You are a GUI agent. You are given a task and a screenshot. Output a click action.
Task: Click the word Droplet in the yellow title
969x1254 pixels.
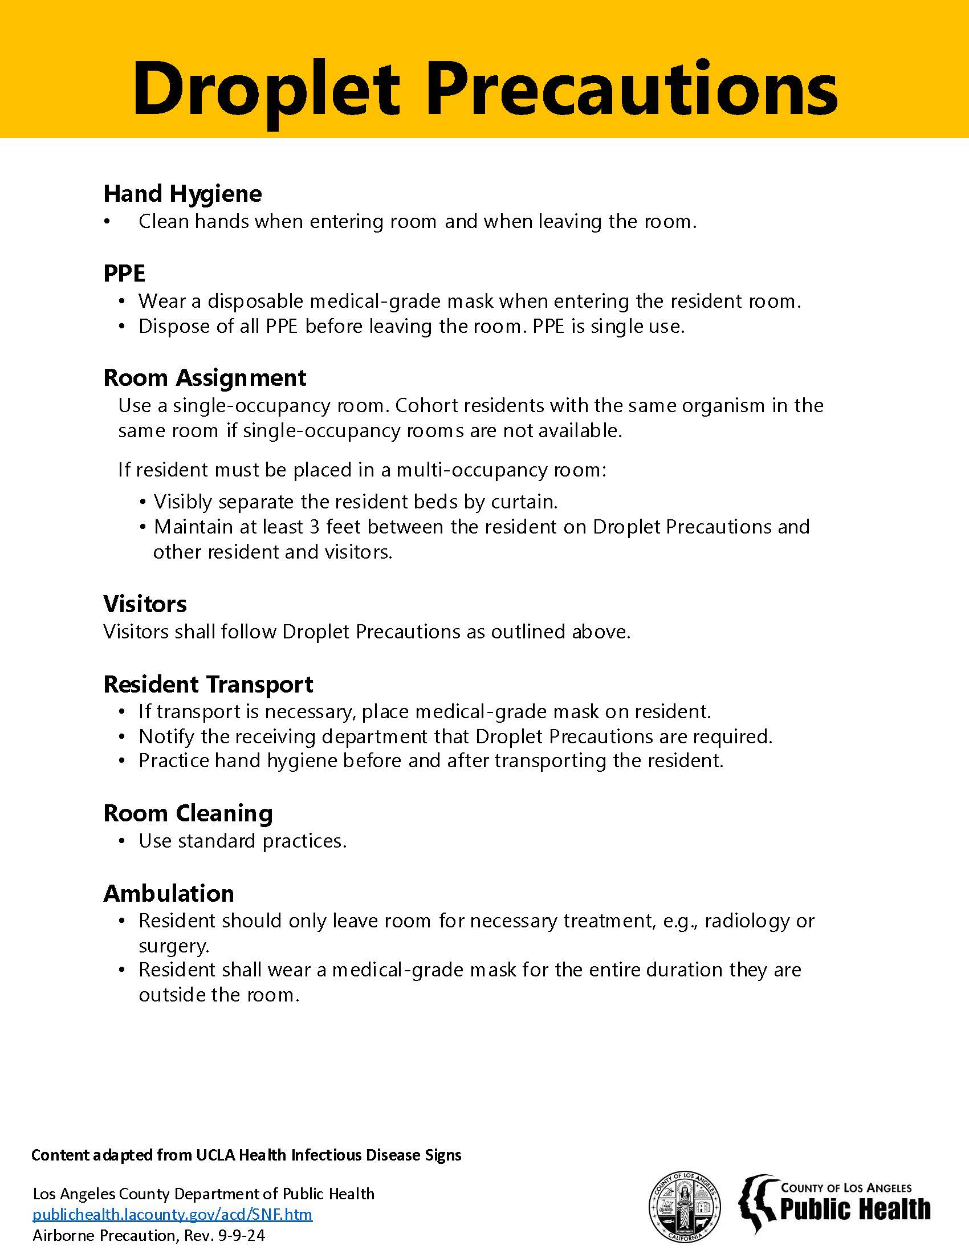tap(266, 89)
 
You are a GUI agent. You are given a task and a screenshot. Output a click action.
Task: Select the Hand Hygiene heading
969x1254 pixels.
tap(182, 194)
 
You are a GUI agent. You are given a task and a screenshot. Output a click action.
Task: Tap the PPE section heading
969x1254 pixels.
tap(124, 273)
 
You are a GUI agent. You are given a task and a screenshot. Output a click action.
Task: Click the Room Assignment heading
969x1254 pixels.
tap(205, 378)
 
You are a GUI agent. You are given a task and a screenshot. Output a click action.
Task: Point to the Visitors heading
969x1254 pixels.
tap(145, 604)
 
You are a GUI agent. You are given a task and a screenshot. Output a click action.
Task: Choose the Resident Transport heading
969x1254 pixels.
tap(208, 685)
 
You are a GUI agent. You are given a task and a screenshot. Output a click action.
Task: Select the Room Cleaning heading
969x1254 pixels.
tap(188, 813)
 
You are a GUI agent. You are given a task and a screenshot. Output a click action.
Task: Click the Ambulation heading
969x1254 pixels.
tap(169, 894)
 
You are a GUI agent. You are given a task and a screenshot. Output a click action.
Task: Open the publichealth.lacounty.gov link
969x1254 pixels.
tap(172, 1214)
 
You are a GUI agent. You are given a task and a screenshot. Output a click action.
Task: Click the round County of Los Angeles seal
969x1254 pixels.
tap(683, 1206)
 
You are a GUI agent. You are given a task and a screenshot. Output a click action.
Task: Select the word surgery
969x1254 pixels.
tap(173, 946)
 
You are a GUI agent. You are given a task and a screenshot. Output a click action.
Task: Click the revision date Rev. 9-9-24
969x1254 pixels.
tap(225, 1235)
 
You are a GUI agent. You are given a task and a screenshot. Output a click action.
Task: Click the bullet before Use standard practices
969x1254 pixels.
tap(122, 842)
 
